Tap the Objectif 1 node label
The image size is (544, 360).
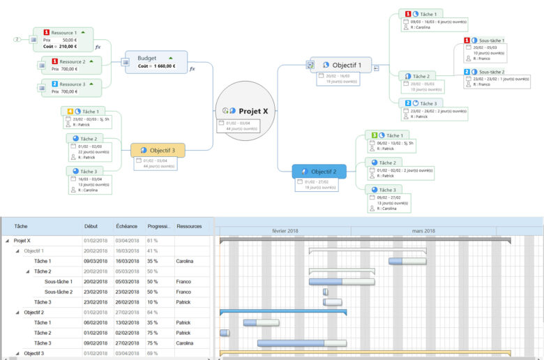click(x=347, y=65)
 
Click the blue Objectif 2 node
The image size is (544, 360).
click(x=324, y=172)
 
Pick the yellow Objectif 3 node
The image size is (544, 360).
click(x=163, y=150)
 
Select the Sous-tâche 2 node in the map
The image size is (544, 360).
click(x=491, y=71)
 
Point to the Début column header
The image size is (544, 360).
click(x=91, y=227)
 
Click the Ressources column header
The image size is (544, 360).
click(x=189, y=227)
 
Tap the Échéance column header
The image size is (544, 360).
click(x=127, y=227)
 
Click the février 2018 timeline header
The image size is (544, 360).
click(x=285, y=231)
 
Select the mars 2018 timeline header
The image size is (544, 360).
click(x=423, y=231)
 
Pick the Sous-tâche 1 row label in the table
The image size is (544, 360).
click(x=59, y=281)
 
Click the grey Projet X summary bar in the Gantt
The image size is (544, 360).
click(x=365, y=239)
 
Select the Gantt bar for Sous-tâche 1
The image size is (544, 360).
click(x=342, y=282)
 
